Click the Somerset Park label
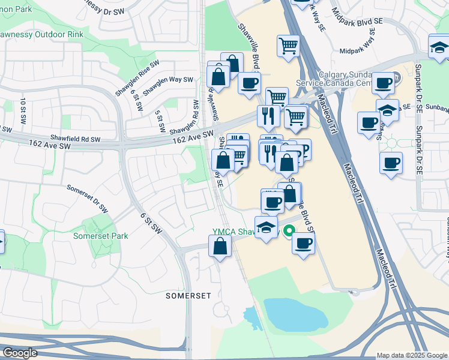pyautogui.click(x=101, y=236)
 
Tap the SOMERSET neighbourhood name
pyautogui.click(x=188, y=296)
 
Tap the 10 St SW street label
pyautogui.click(x=23, y=110)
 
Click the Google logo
pyautogui.click(x=19, y=353)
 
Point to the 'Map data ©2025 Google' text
pyautogui.click(x=411, y=355)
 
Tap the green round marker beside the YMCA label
pyautogui.click(x=289, y=230)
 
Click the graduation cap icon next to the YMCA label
pyautogui.click(x=266, y=227)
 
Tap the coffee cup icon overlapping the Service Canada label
pyautogui.click(x=383, y=82)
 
